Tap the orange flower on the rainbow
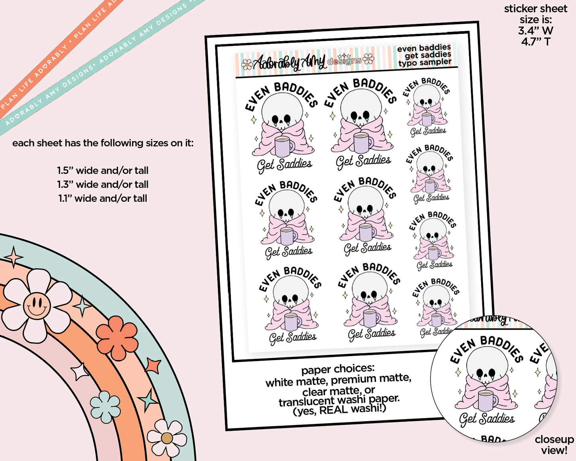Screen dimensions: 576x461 [117, 338]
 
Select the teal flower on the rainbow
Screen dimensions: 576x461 [105, 407]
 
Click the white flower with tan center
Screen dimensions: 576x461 [167, 438]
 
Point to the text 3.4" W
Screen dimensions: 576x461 [535, 31]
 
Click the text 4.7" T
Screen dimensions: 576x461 [535, 42]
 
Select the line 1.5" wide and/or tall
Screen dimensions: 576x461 [103, 171]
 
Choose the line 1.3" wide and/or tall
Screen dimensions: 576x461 [103, 185]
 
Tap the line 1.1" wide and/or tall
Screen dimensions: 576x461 [103, 199]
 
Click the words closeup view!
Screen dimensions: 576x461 [554, 445]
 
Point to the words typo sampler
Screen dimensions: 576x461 [425, 63]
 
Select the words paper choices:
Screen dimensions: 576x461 [338, 369]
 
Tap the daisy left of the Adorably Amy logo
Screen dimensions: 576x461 [247, 65]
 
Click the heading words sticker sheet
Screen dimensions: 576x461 [536, 9]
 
